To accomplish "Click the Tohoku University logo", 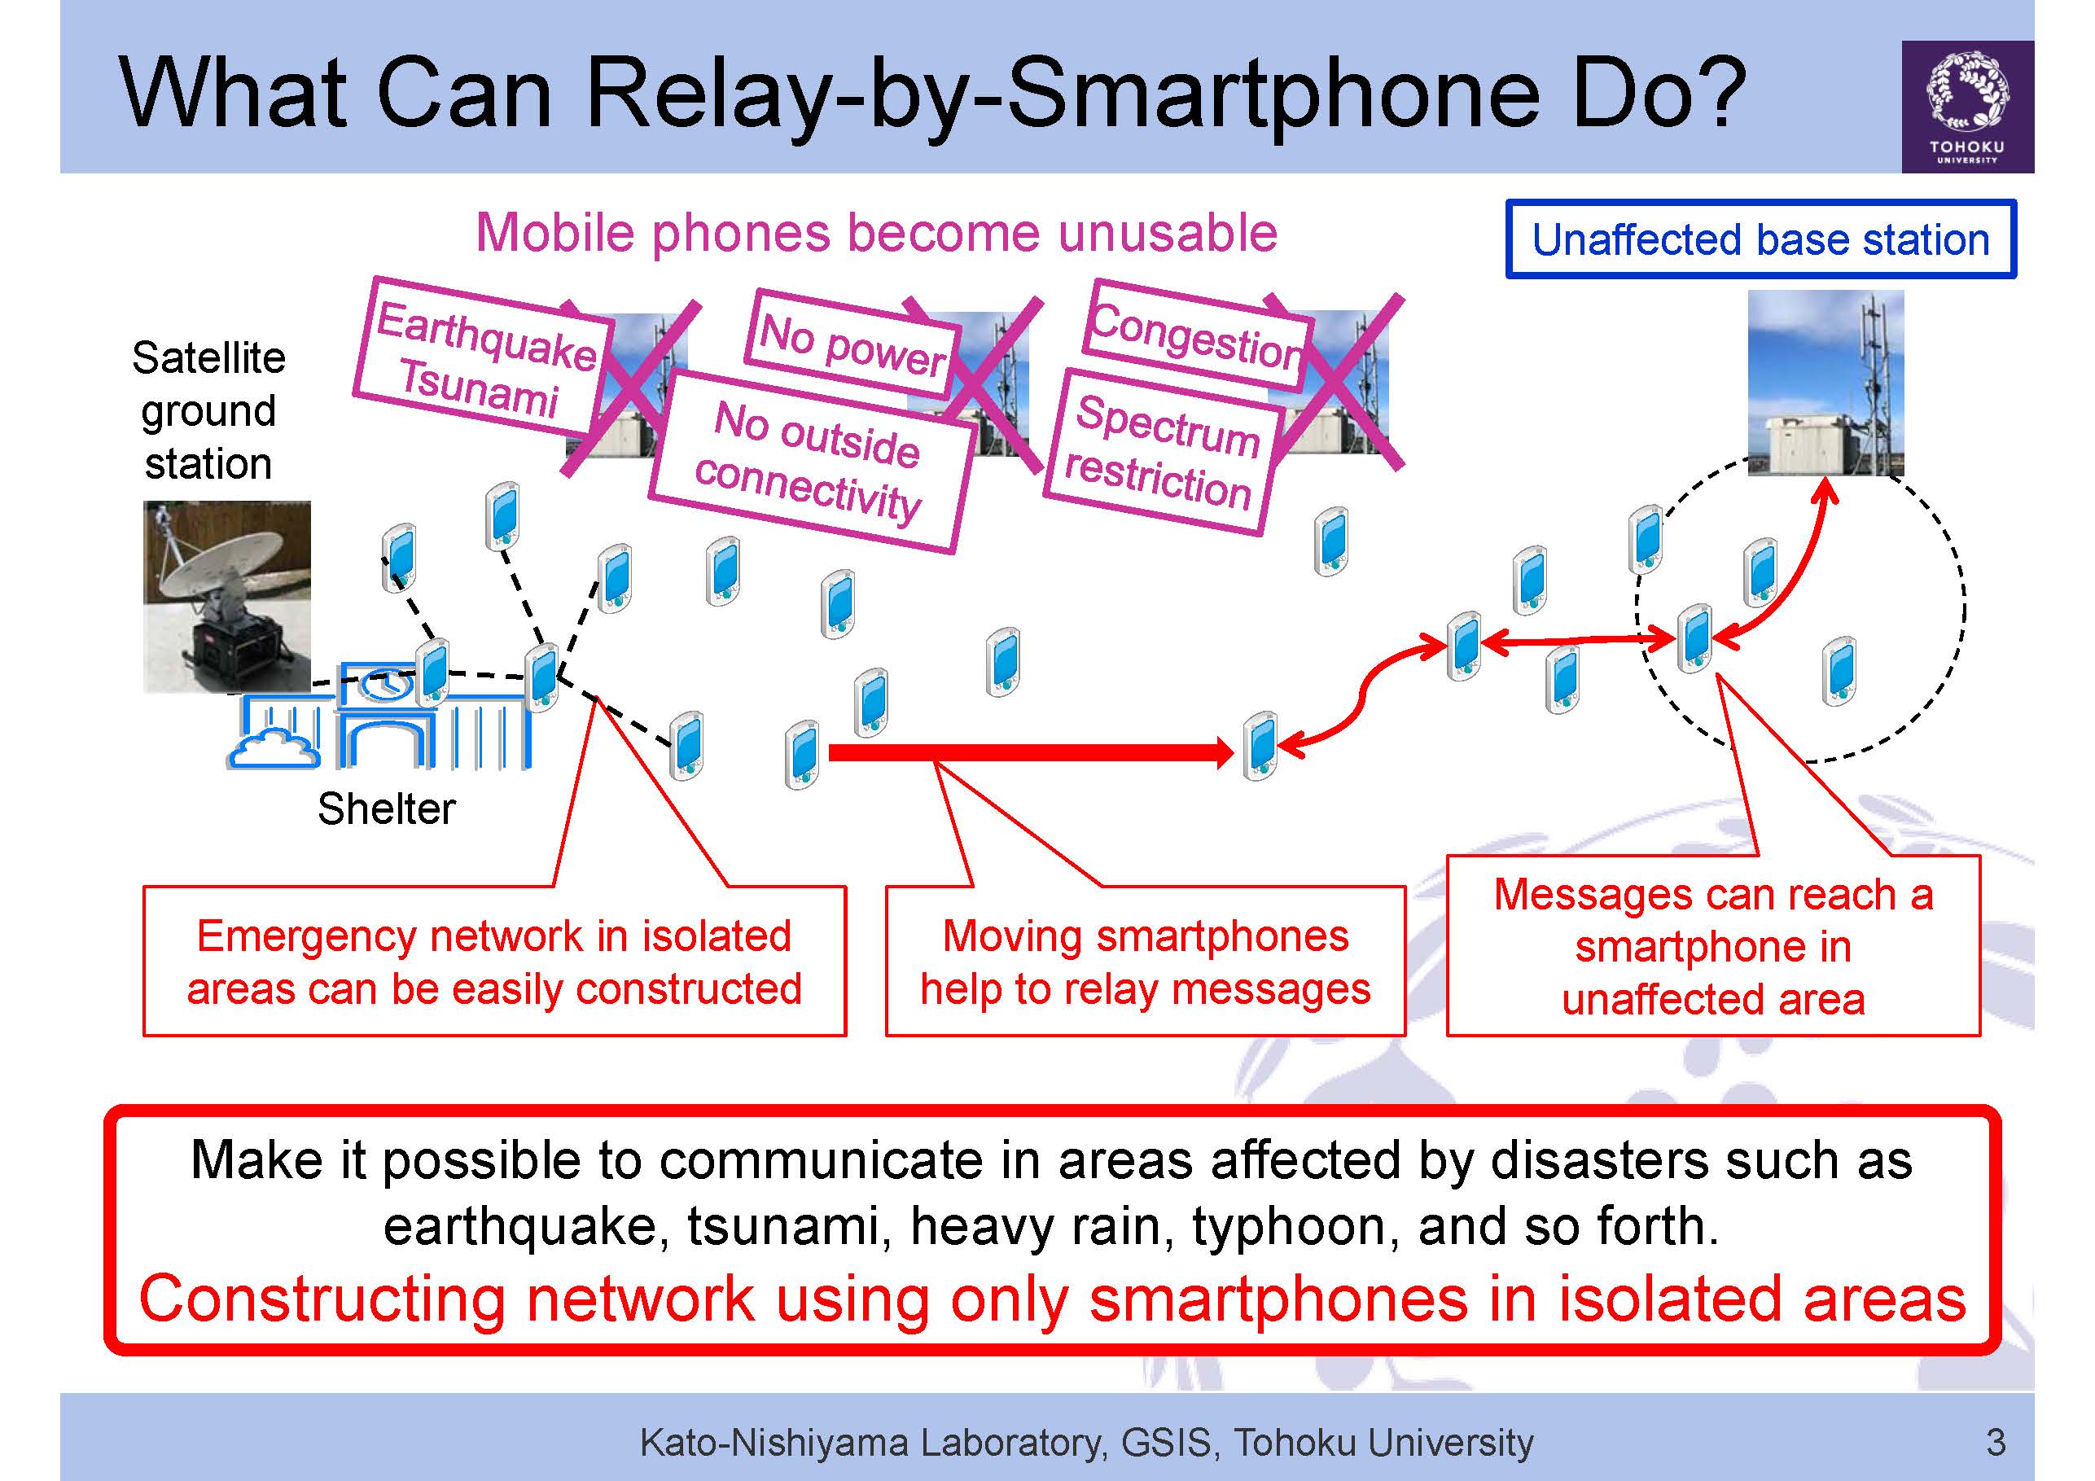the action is pyautogui.click(x=1967, y=107).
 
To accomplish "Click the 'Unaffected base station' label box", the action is pyautogui.click(x=1760, y=239).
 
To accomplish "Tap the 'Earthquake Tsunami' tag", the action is pyautogui.click(x=482, y=357).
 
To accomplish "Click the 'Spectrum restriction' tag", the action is pyautogui.click(x=1164, y=452).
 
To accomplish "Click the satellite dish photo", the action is pyautogui.click(x=227, y=597).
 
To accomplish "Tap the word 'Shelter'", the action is pyautogui.click(x=386, y=808).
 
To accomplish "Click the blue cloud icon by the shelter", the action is pyautogui.click(x=273, y=748).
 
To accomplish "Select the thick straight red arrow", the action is pyautogui.click(x=1030, y=753).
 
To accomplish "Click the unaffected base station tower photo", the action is pyautogui.click(x=1825, y=383).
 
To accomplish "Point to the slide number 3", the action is pyautogui.click(x=1996, y=1442).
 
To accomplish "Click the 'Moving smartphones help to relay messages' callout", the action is pyautogui.click(x=1145, y=962).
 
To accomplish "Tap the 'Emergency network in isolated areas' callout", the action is pyautogui.click(x=494, y=962).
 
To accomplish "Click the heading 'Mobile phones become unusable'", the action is pyautogui.click(x=876, y=233).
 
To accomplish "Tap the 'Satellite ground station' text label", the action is pyautogui.click(x=208, y=410).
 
